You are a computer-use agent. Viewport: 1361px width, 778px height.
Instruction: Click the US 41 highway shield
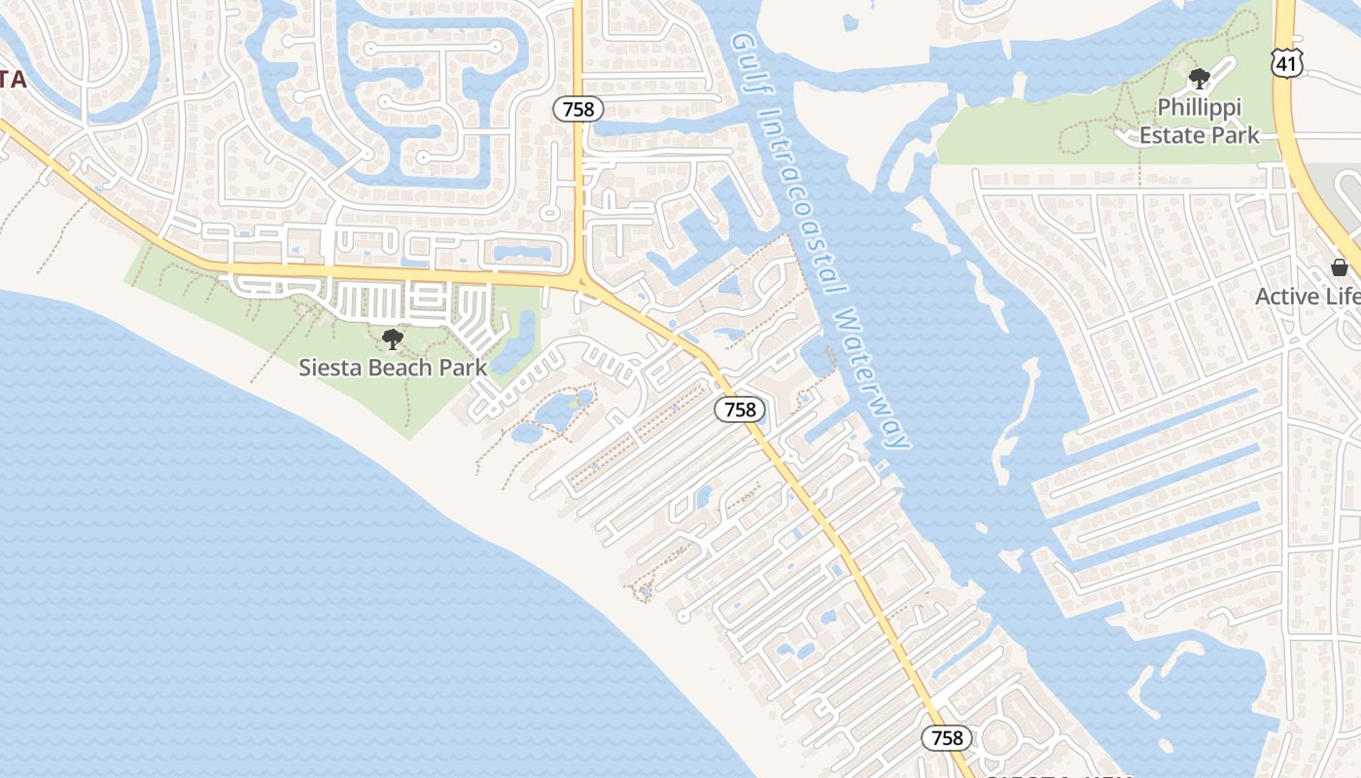coord(1285,61)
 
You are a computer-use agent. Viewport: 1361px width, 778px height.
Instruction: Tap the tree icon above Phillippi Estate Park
coord(1200,79)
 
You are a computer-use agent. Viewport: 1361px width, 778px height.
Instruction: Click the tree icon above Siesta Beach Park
coord(393,339)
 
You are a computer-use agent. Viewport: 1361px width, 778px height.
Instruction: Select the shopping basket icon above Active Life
coord(1340,267)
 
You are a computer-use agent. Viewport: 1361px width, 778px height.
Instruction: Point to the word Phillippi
coord(1200,107)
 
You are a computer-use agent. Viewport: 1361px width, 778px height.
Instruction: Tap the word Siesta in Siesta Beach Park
coord(330,368)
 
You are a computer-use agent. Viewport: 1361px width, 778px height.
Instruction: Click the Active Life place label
coord(1308,297)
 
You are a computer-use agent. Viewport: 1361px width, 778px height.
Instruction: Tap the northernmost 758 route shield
coord(578,109)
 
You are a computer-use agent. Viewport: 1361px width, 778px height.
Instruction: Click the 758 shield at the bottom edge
coord(947,738)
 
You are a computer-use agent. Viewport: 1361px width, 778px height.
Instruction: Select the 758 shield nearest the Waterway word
coord(740,409)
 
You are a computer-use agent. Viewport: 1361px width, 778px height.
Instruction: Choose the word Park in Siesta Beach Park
coord(463,368)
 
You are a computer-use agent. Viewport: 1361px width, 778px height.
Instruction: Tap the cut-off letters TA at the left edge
coord(12,80)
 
